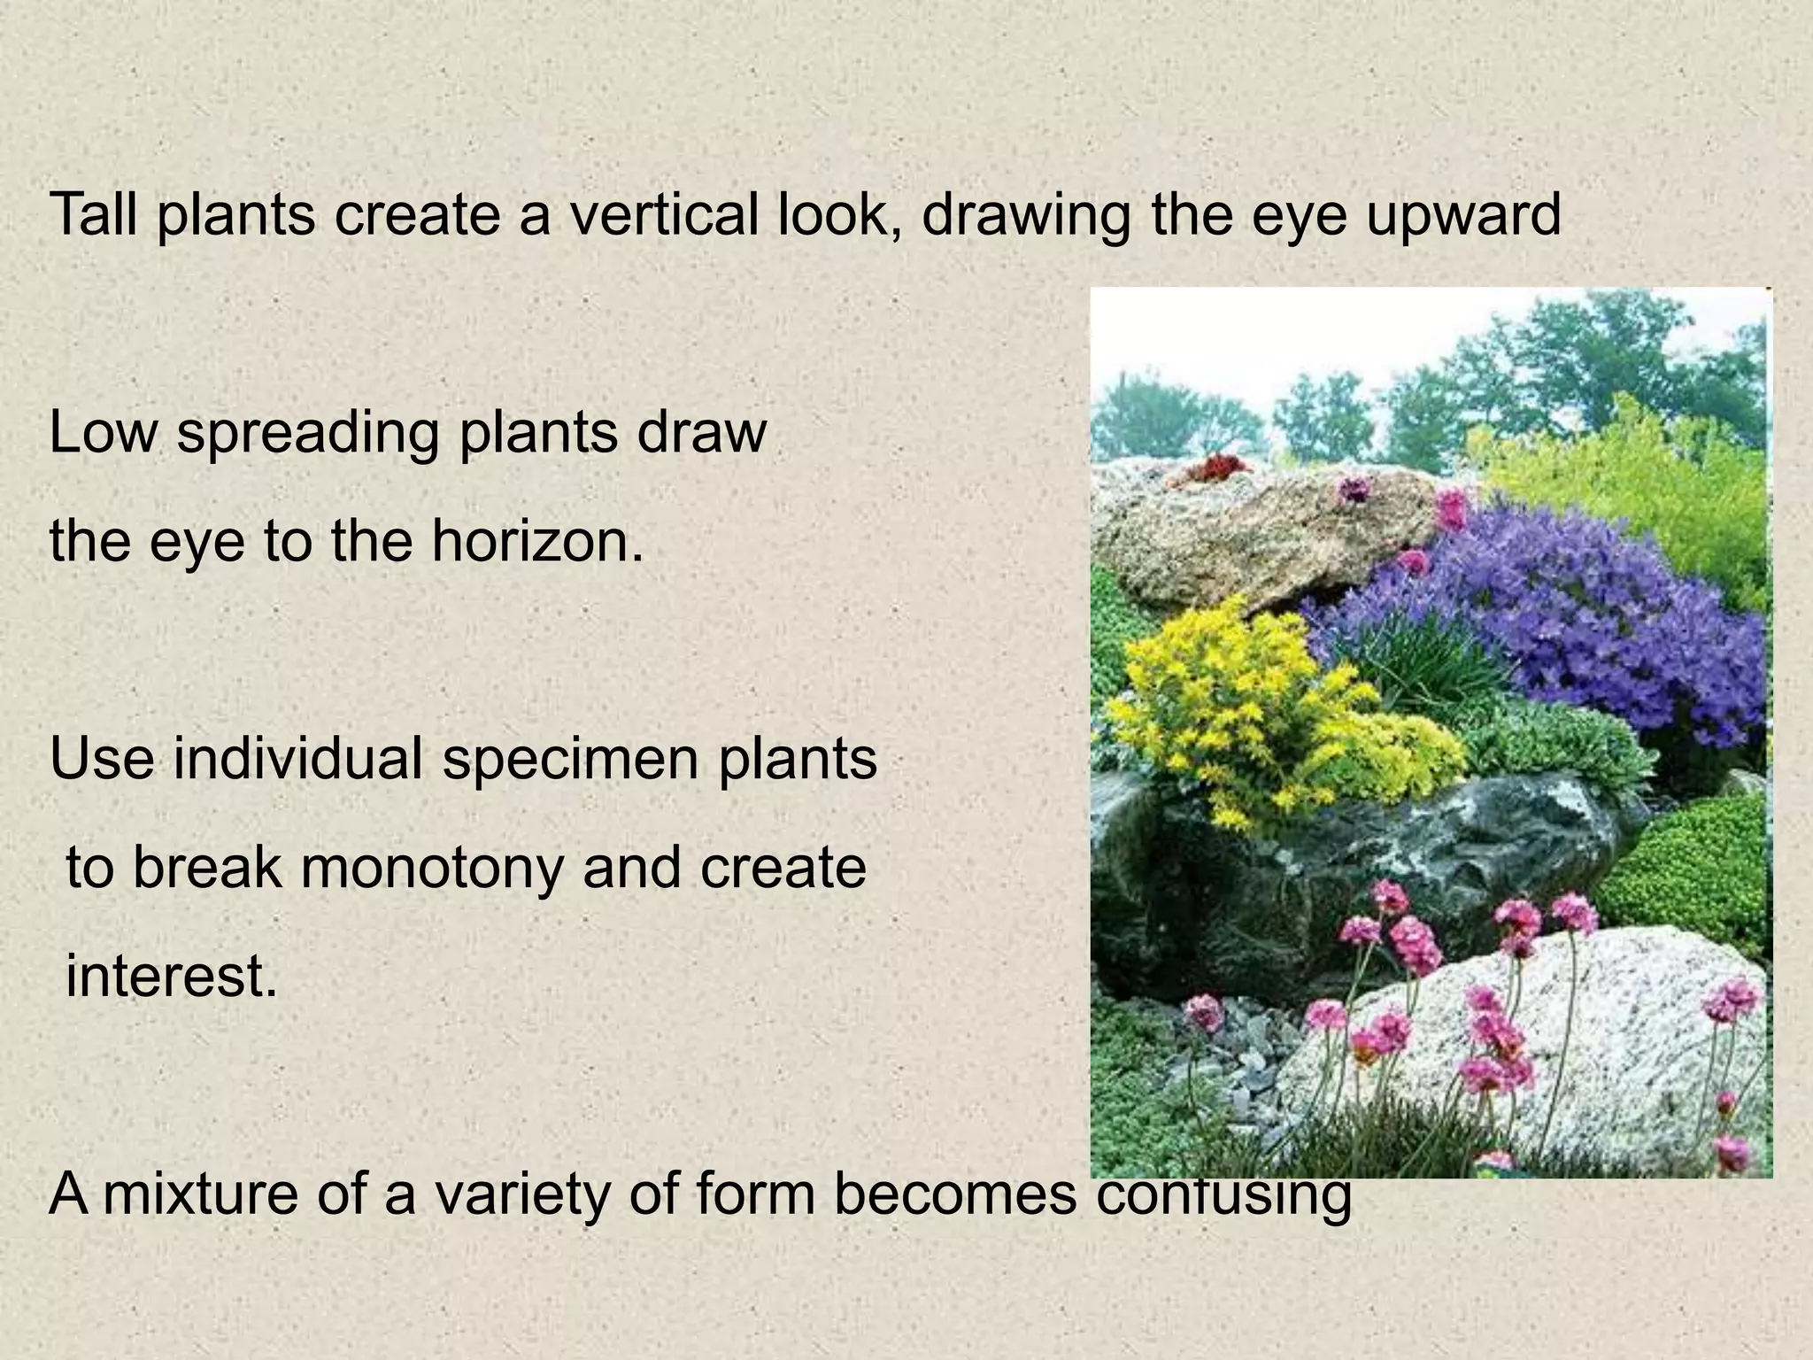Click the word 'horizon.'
coord(536,542)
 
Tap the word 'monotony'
coord(431,868)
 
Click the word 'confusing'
coord(1223,1195)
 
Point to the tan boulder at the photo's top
coord(1257,531)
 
